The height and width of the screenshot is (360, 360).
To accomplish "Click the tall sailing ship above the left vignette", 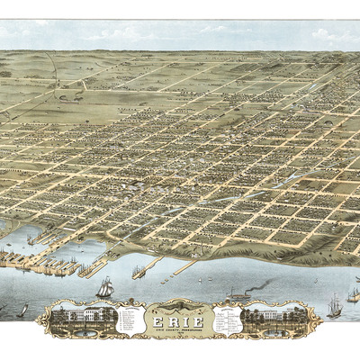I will pos(104,288).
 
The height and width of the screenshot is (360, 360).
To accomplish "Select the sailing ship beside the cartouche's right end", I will pos(334,308).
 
